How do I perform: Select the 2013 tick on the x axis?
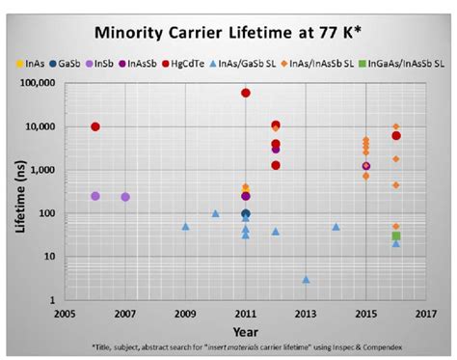[307, 314]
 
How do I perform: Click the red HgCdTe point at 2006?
[94, 126]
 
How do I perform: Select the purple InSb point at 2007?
[125, 197]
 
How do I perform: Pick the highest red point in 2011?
[246, 93]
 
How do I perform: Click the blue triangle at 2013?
[307, 279]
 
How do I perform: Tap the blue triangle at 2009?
[185, 226]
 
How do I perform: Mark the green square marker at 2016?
[396, 235]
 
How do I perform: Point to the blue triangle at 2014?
[336, 226]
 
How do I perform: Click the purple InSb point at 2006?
[94, 196]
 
